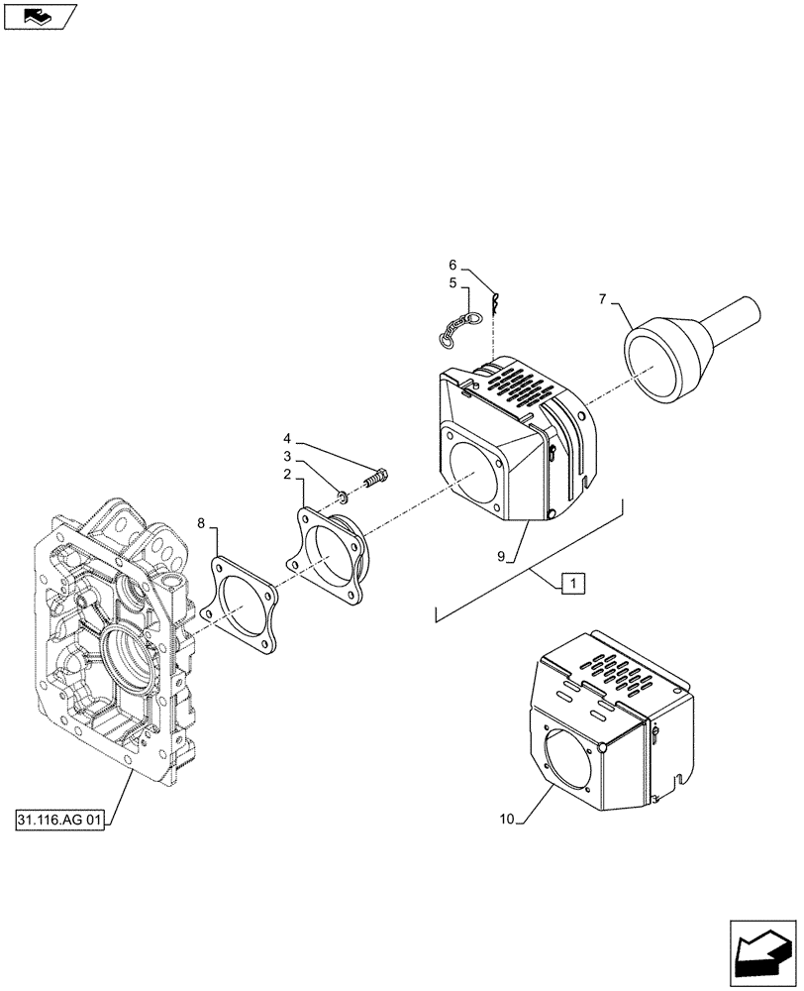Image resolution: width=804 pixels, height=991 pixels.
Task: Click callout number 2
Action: tap(286, 476)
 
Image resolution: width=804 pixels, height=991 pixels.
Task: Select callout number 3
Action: tap(286, 457)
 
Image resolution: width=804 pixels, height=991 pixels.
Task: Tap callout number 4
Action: tap(286, 438)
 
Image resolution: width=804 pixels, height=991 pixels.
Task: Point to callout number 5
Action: tap(452, 283)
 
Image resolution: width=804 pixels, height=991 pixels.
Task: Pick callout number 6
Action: tap(452, 265)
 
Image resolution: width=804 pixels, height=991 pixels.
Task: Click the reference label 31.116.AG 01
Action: tap(59, 821)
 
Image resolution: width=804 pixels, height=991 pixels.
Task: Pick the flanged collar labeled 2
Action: tap(332, 551)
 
